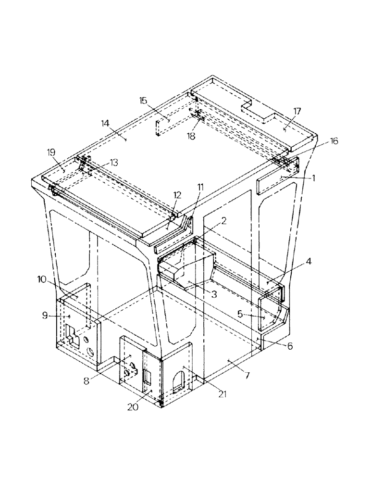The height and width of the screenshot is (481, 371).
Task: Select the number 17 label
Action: point(297,111)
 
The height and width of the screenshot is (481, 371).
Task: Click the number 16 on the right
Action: point(334,141)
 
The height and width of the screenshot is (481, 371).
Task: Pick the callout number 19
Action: point(51,153)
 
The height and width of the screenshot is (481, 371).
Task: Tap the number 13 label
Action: point(113,163)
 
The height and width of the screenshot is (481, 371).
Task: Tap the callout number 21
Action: point(221,393)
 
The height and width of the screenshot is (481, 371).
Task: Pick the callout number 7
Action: point(247,374)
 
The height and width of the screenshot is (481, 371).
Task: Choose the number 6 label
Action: point(290,345)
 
